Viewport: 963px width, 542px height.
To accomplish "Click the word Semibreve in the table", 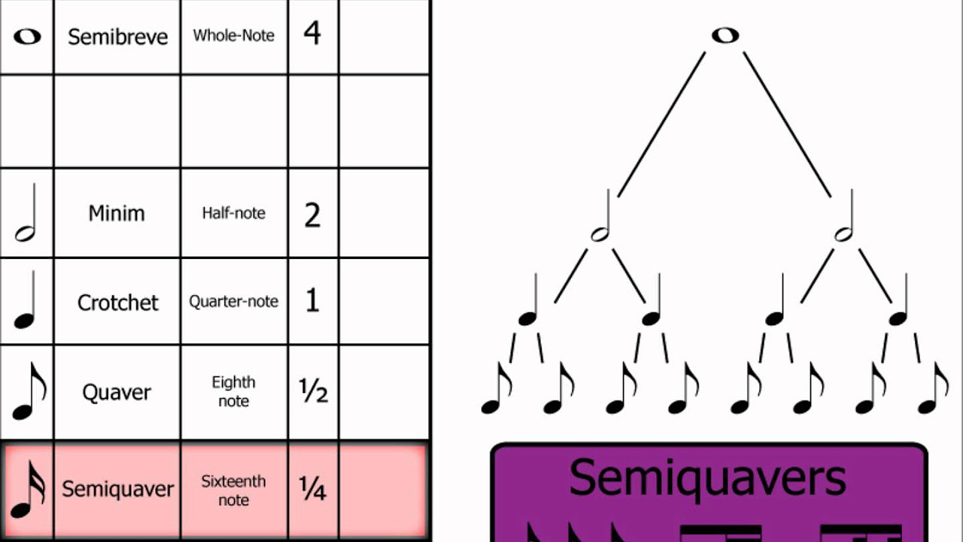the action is click(x=117, y=37).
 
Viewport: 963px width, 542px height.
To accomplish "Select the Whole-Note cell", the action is click(x=233, y=35).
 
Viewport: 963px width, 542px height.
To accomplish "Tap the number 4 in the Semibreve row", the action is click(x=312, y=34).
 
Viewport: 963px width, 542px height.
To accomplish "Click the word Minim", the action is click(x=117, y=213).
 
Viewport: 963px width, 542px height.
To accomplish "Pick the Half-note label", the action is click(x=233, y=213).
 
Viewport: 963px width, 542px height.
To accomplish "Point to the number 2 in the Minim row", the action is click(x=312, y=215).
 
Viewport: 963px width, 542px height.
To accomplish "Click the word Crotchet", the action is click(x=118, y=303).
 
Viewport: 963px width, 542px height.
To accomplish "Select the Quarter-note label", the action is click(x=233, y=301).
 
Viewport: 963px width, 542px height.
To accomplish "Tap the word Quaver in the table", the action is click(x=117, y=392).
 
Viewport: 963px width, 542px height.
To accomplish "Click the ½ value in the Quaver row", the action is click(x=313, y=391).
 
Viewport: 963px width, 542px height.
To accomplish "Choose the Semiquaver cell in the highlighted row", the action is click(x=117, y=489).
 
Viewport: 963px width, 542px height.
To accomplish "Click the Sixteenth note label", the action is click(x=233, y=490).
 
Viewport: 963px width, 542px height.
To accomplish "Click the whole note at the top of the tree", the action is click(x=725, y=35).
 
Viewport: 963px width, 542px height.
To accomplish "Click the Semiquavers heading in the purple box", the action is click(x=708, y=477).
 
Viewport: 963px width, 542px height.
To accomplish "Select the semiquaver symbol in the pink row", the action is click(x=27, y=489).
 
